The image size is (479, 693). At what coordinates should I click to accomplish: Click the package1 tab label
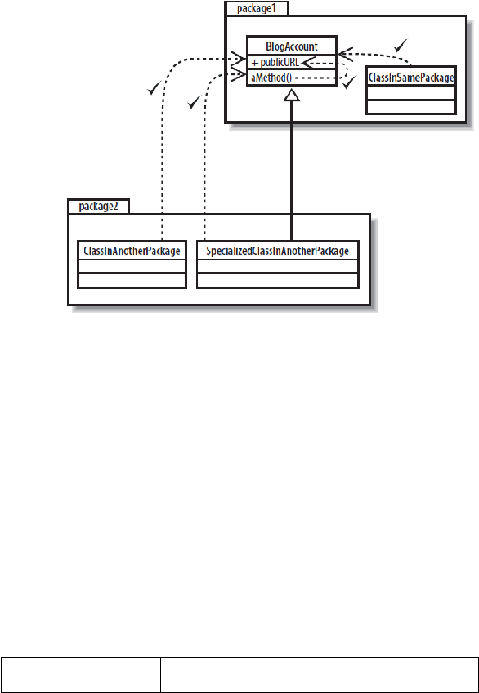coord(257,8)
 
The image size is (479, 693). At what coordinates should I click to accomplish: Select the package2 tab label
coord(98,207)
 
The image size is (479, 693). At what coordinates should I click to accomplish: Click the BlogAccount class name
coord(292,47)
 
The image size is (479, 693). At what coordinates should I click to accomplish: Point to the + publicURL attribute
coord(275,63)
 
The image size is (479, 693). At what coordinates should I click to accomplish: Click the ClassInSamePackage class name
coord(411,78)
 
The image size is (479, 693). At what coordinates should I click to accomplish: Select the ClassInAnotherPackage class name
coord(132,251)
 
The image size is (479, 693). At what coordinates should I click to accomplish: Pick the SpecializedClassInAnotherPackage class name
coord(278,251)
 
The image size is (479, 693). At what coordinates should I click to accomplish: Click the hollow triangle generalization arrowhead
coord(292,94)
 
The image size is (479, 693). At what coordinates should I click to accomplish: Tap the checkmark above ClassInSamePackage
coord(401,45)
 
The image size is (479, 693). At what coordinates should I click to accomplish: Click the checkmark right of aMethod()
coord(350,82)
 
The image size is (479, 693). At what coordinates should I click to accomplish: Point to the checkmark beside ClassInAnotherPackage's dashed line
coord(154,89)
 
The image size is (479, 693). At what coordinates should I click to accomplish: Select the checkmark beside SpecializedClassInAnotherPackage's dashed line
coord(194,103)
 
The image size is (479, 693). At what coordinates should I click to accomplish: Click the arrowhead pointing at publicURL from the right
coord(307,63)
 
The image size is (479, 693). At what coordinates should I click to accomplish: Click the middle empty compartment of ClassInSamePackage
coord(411,93)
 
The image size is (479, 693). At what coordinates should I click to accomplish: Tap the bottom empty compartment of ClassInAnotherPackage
coord(132,281)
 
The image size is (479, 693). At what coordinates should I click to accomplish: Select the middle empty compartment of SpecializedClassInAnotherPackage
coord(278,266)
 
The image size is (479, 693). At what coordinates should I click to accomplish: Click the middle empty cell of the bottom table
coord(240,675)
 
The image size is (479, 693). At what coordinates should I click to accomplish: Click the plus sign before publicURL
coord(254,64)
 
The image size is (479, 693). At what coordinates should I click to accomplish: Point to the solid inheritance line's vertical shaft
coord(292,170)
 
